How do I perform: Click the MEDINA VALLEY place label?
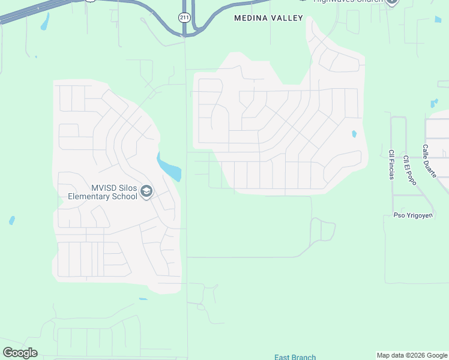[x=268, y=19]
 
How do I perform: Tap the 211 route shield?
[x=184, y=17]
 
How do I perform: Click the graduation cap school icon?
[x=146, y=192]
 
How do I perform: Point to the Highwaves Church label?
[x=348, y=2]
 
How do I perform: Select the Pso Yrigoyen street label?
[x=411, y=215]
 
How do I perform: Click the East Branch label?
[x=295, y=357]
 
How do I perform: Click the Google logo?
[x=20, y=353]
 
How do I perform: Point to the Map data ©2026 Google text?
[x=412, y=355]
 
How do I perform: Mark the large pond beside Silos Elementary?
[x=169, y=167]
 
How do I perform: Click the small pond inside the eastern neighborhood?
[x=354, y=134]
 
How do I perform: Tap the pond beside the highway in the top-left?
[x=44, y=22]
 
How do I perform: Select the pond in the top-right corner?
[x=438, y=20]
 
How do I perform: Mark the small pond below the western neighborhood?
[x=143, y=299]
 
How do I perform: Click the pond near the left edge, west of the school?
[x=11, y=221]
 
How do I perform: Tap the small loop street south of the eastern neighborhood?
[x=324, y=230]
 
